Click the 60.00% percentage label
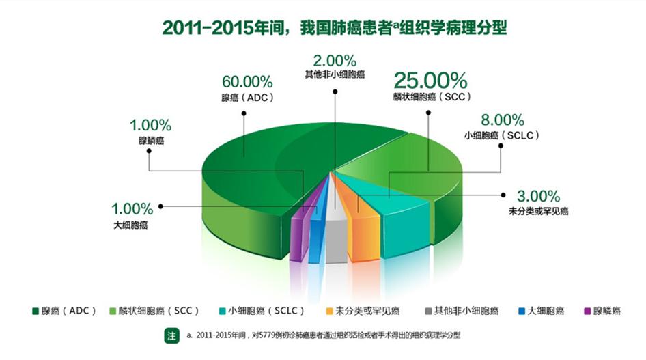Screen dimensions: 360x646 pyautogui.click(x=247, y=83)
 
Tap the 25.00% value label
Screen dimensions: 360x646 pyautogui.click(x=430, y=81)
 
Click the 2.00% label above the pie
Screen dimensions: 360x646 pyautogui.click(x=335, y=59)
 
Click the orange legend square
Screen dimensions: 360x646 pyautogui.click(x=329, y=311)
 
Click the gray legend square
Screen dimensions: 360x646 pyautogui.click(x=428, y=311)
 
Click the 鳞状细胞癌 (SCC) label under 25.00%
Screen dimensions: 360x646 pyautogui.click(x=432, y=97)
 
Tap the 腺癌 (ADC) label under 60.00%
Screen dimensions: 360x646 pyautogui.click(x=247, y=98)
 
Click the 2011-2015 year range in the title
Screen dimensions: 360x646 pyautogui.click(x=198, y=28)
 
